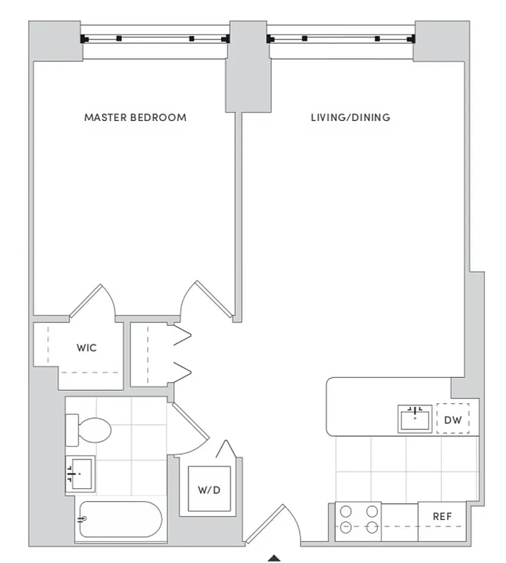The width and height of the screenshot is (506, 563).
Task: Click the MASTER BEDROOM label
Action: [135, 118]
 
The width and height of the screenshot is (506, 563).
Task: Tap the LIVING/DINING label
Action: [350, 118]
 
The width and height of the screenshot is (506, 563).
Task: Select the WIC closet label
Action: [87, 348]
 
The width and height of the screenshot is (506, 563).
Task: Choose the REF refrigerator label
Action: [441, 517]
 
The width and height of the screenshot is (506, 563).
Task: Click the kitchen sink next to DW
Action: [415, 417]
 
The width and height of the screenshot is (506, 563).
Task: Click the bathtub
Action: [118, 521]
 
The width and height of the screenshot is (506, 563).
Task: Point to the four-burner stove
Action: [358, 520]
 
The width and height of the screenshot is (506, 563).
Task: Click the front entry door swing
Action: [270, 524]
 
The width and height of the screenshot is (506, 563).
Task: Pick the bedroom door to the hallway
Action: [205, 298]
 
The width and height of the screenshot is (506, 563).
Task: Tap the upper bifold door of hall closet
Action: [182, 336]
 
